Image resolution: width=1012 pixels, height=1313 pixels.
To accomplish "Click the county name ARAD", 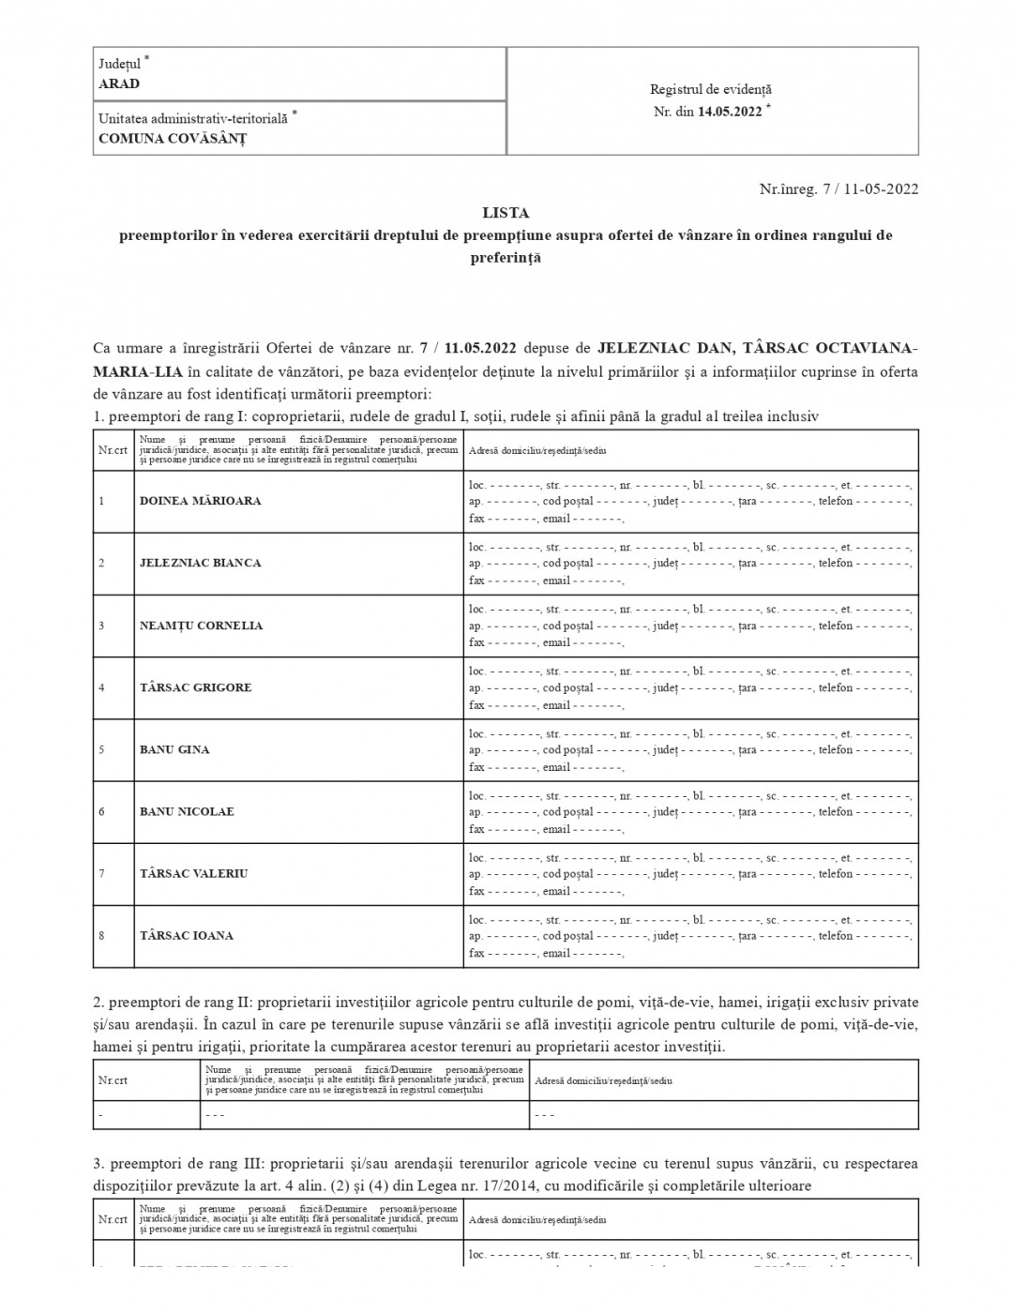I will (x=119, y=83).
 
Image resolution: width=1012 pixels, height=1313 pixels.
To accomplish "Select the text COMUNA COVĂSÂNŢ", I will (x=173, y=138).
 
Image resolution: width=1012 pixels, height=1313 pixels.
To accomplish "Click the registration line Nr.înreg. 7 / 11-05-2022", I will (x=838, y=189).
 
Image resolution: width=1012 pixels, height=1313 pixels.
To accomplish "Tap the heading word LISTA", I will (x=506, y=213).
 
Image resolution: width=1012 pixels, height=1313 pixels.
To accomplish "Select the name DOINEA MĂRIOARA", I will (x=201, y=501).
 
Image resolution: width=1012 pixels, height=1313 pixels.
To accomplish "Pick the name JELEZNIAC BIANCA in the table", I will (x=201, y=563).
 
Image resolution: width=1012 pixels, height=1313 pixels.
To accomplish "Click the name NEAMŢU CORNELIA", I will (x=201, y=626).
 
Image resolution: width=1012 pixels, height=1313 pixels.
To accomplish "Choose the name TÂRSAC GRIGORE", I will (x=196, y=687).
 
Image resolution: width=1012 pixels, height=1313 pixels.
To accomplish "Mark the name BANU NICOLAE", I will (x=187, y=811).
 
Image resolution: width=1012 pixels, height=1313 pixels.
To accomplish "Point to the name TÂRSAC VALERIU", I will (x=194, y=873).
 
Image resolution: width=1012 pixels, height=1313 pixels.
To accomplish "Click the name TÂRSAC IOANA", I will (x=187, y=935).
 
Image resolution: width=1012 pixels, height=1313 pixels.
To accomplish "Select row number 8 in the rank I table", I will (x=101, y=935).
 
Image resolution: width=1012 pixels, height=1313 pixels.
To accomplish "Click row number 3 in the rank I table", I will (x=101, y=626).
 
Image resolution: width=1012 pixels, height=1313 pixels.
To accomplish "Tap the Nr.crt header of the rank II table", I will (x=113, y=1080).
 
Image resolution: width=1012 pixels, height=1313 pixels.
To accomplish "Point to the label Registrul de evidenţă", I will (x=711, y=89).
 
